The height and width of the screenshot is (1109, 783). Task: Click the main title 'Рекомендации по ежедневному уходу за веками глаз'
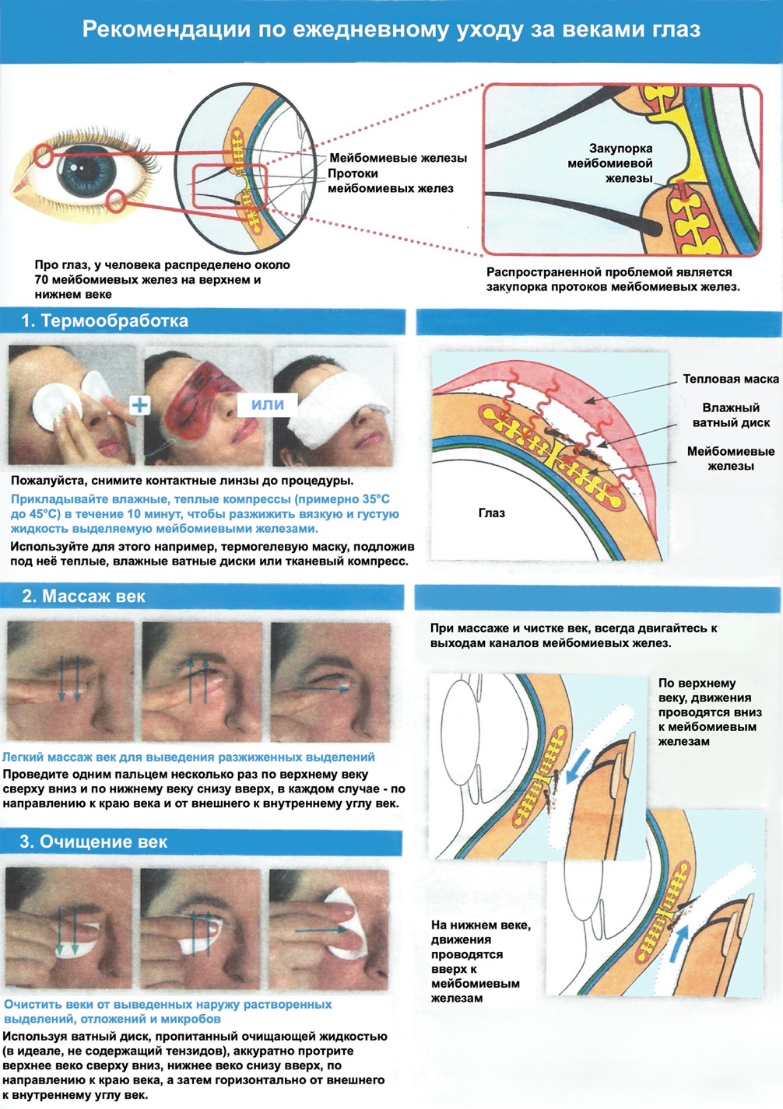pos(391,30)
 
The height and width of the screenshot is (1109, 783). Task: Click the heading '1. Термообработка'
pos(104,321)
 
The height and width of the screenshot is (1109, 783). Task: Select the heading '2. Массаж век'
pos(83,596)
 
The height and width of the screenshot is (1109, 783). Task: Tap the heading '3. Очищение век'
pos(93,841)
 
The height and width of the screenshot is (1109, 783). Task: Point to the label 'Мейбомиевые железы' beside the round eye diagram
pos(398,158)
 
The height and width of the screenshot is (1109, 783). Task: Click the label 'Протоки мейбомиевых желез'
pos(390,181)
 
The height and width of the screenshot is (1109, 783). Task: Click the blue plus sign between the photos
pos(139,404)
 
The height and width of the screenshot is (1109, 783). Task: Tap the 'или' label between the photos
pos(268,404)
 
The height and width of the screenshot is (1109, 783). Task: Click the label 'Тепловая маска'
pos(730,379)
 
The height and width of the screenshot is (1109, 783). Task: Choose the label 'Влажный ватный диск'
pos(731,415)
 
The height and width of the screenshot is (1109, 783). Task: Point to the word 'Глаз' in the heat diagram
pos(492,513)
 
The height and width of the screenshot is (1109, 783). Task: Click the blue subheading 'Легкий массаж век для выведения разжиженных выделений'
pos(188,757)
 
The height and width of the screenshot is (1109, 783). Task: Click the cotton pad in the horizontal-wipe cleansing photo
pos(350,922)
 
